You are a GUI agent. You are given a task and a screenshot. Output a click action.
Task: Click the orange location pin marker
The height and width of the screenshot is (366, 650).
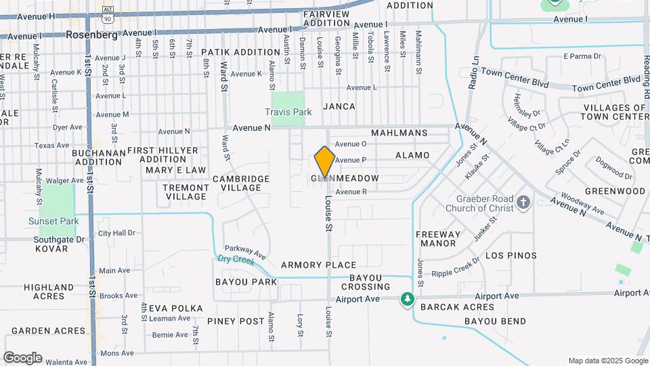[325, 163]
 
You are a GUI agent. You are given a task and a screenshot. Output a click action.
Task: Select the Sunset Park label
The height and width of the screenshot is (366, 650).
[53, 221]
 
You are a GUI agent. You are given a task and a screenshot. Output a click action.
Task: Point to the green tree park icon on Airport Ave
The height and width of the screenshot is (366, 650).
[407, 299]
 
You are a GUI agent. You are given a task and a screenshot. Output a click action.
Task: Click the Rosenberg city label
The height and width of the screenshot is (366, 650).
[92, 34]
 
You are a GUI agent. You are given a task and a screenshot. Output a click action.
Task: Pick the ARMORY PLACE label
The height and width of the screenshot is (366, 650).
[318, 265]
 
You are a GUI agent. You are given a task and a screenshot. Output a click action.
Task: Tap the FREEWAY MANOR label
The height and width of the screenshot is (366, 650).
[437, 239]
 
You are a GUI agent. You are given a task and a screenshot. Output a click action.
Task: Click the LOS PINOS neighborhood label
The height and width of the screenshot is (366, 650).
[511, 256]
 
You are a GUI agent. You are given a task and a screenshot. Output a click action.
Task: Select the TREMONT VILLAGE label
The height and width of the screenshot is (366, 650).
[186, 192]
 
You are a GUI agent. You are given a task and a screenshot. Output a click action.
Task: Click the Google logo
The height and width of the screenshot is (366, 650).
[22, 358]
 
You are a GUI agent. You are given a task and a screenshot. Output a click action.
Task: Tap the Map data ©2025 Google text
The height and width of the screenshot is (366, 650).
[607, 361]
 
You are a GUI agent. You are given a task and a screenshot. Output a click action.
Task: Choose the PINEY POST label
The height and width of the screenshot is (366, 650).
[236, 321]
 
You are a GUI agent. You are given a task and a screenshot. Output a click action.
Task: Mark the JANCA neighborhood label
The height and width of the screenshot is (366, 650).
[339, 106]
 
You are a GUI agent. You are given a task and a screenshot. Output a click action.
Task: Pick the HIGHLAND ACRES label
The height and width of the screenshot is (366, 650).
[49, 291]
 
